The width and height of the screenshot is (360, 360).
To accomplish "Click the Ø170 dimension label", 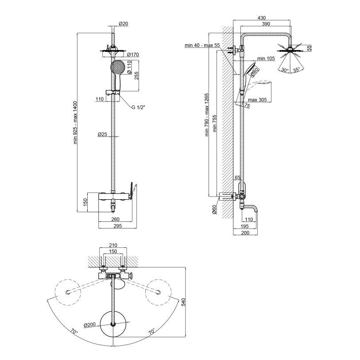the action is tap(133, 54).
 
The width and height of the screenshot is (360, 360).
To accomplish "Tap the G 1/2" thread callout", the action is tap(139, 107).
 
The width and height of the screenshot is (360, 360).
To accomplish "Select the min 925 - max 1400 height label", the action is tap(75, 123).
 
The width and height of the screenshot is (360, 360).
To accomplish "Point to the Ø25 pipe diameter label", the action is tap(102, 134).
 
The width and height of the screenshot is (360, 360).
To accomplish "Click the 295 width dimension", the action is tap(117, 226).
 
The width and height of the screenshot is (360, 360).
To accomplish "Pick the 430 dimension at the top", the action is tap(262, 18).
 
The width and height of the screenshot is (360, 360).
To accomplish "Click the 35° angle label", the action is tap(296, 70).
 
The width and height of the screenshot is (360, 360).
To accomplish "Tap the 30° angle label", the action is tap(285, 70).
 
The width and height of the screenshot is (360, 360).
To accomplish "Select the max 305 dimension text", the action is tap(257, 100).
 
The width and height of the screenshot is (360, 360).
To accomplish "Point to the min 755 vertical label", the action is tap(215, 123).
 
